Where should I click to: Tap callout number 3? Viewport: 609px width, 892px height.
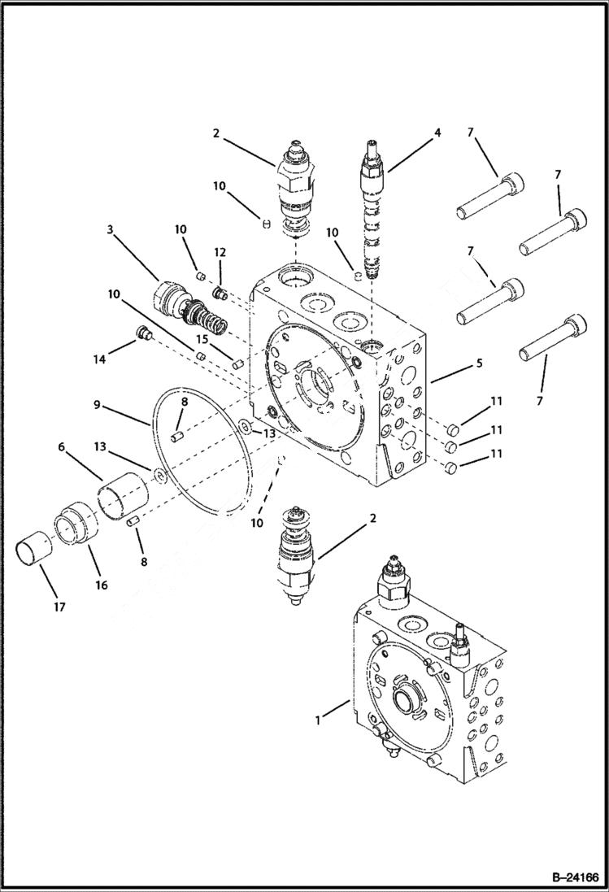pos(110,230)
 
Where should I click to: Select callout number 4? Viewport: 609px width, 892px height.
pos(437,132)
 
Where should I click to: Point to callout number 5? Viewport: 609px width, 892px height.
pos(480,363)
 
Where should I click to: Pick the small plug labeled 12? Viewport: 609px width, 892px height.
pos(218,292)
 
